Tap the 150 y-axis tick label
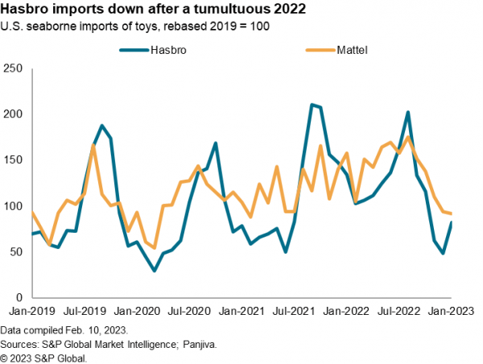(x=12, y=159)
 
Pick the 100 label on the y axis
(x=12, y=206)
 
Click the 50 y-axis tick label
(x=15, y=252)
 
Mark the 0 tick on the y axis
(x=19, y=298)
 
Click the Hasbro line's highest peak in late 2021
(x=312, y=105)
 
